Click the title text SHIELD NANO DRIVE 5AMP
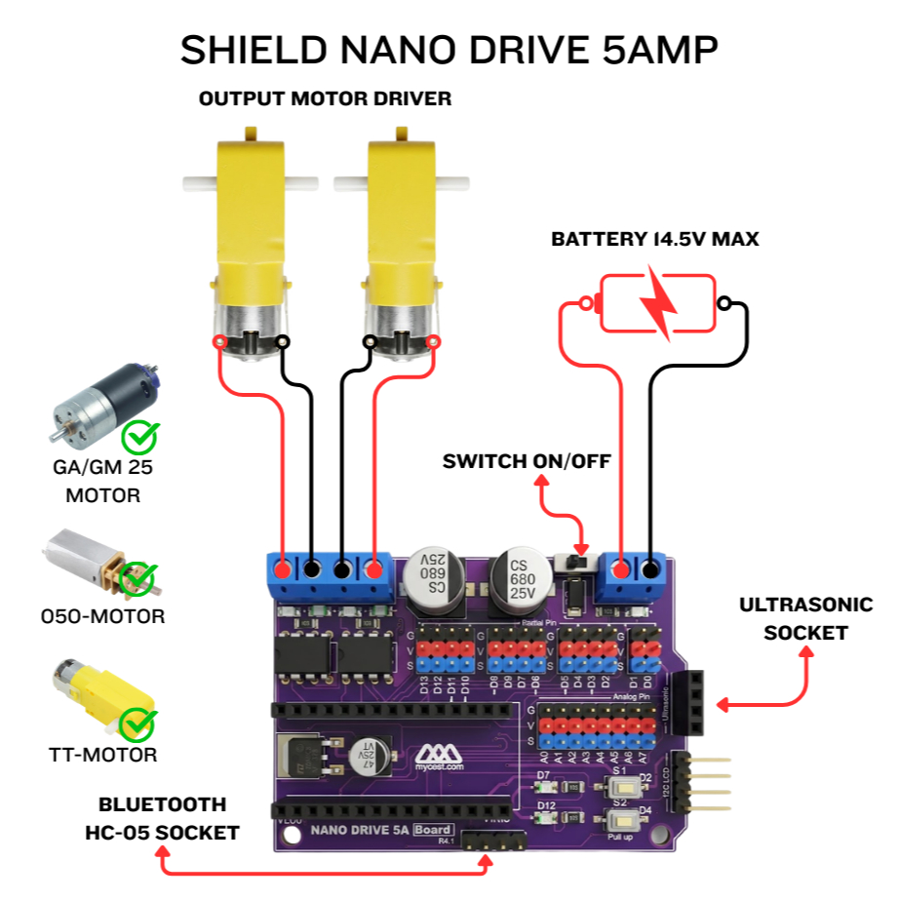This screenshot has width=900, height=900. coord(450,50)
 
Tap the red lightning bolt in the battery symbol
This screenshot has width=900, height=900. coord(659,304)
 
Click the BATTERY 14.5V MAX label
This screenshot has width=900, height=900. coord(654,239)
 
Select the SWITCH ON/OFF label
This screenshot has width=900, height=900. coord(526,461)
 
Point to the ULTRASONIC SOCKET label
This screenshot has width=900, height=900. coord(805,618)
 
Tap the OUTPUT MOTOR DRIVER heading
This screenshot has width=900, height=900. coord(325,98)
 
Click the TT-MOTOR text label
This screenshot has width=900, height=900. coord(102,755)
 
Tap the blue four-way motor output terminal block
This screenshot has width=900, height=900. coord(329,575)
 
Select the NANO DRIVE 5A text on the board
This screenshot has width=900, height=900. coord(359,830)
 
